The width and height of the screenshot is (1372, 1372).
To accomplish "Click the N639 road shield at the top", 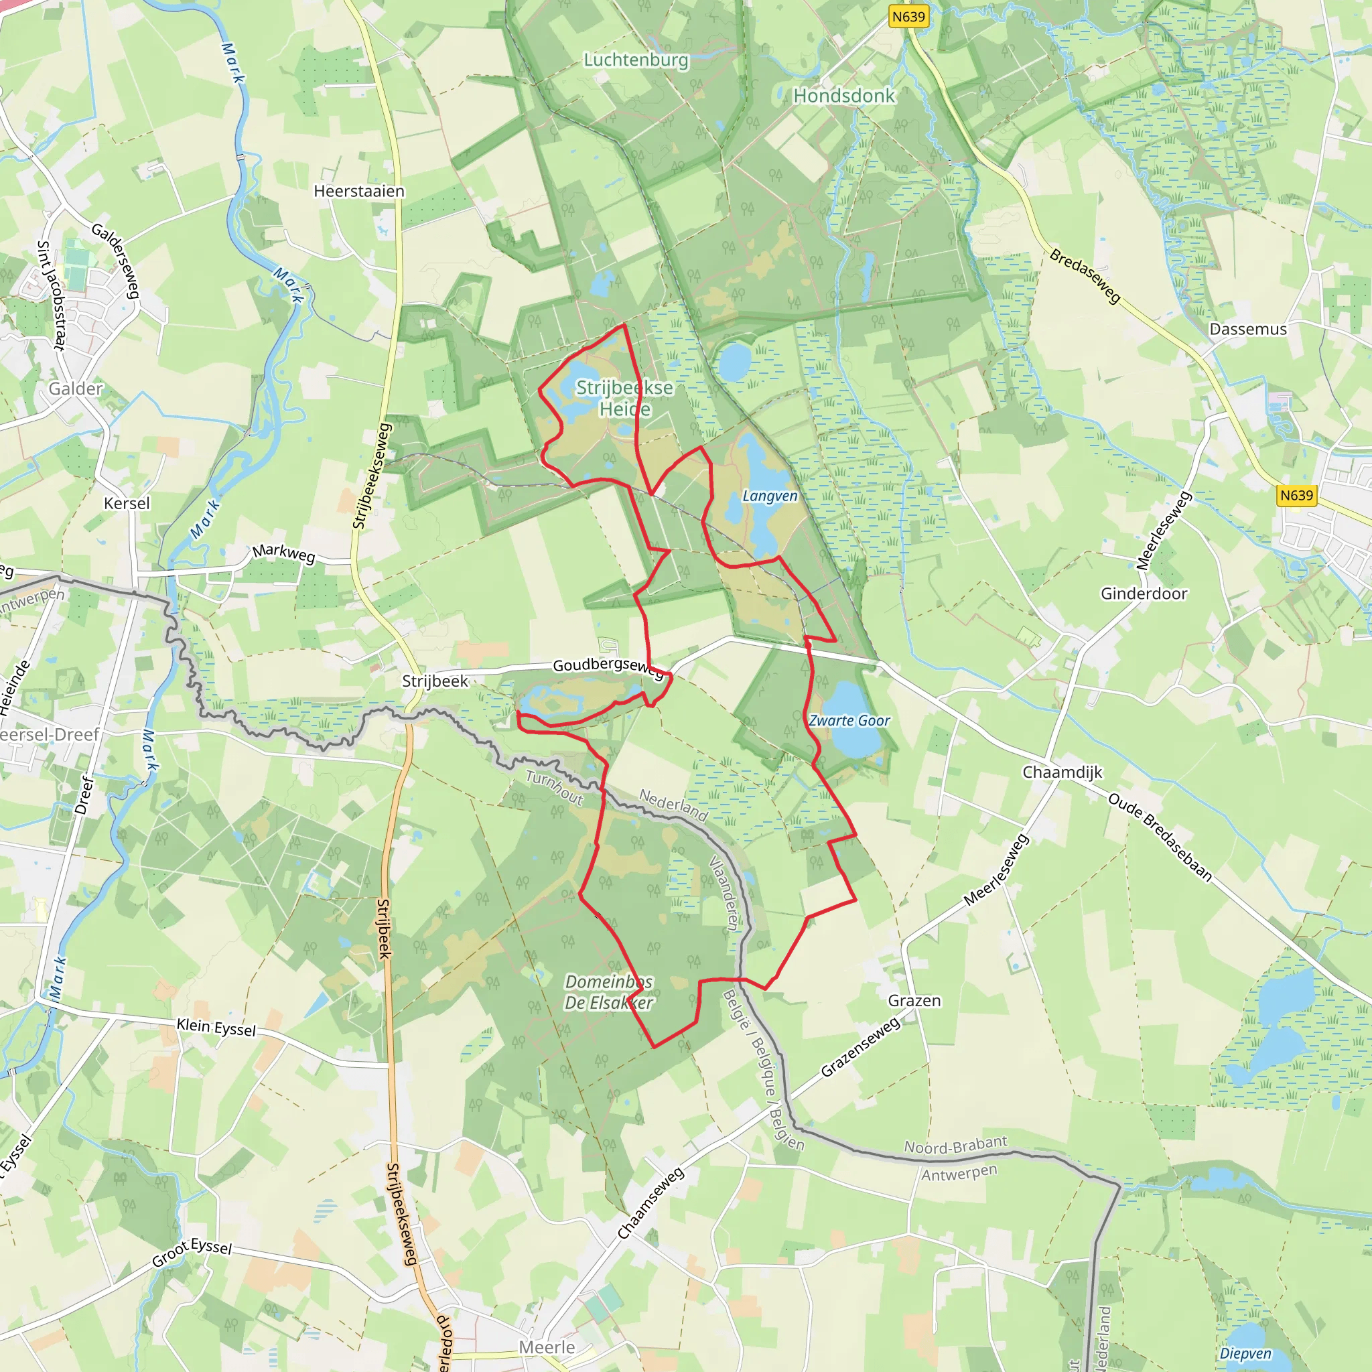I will coord(909,16).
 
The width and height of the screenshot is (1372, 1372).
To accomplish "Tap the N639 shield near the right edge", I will coord(1296,495).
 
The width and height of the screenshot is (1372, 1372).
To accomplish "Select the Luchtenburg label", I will coord(636,60).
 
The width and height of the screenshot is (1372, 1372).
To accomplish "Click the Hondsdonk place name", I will coord(843,95).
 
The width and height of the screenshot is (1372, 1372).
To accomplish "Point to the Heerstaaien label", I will coord(358,191).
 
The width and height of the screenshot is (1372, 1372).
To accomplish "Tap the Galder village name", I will coord(75,389).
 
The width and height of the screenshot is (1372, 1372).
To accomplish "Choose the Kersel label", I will coord(127,503).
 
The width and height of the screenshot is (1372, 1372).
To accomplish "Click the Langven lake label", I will coord(770,496).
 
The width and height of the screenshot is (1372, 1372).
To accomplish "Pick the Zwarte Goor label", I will coord(849,720).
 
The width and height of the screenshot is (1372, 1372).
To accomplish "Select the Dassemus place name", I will coord(1247,329).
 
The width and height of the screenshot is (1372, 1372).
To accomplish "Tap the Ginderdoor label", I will coord(1144,593).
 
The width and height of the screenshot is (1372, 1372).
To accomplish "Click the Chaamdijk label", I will coord(1062,772).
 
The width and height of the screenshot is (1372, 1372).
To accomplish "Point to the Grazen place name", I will coord(914,1001).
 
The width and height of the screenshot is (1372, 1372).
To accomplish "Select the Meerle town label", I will coord(546,1347).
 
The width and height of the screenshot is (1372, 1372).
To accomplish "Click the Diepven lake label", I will coord(1245,1353).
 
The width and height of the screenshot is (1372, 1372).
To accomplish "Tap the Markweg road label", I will coord(283,553).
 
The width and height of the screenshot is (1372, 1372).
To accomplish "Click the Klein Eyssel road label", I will coord(216,1027).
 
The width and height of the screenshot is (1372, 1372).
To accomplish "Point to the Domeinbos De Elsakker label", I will coord(608,992).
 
